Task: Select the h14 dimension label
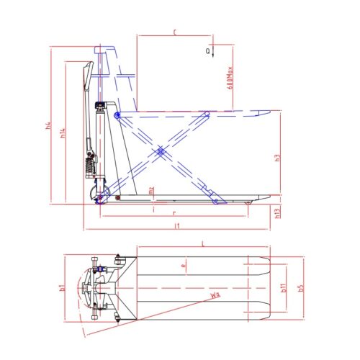[63, 132]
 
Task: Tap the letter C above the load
[175, 32]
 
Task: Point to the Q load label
[208, 51]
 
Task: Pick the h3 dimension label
[278, 159]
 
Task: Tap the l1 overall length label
[176, 227]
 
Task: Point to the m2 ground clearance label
[151, 191]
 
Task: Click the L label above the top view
[202, 246]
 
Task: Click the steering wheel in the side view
[103, 194]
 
